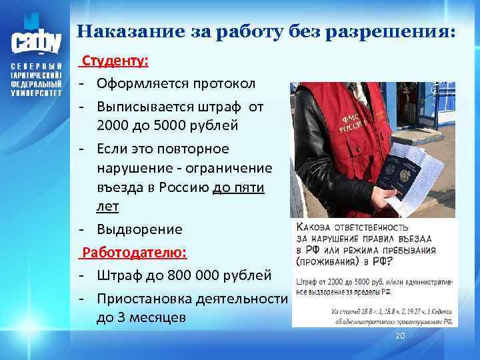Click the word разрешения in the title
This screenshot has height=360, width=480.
point(401,32)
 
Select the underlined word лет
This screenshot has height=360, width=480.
point(107,207)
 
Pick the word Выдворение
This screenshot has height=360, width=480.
point(139,229)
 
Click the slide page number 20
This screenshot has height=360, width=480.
point(400,335)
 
